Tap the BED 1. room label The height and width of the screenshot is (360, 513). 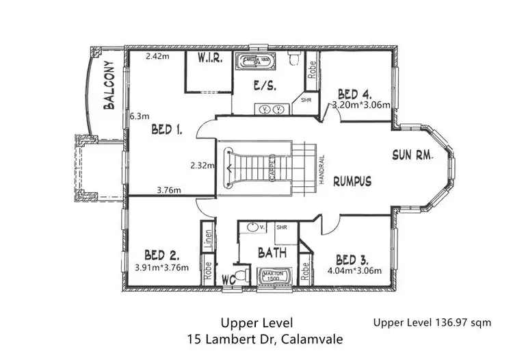click(166, 129)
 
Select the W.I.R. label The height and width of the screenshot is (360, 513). click(209, 58)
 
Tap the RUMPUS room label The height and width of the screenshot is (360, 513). click(353, 181)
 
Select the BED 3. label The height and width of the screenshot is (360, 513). click(353, 259)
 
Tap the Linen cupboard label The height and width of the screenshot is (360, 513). click(206, 239)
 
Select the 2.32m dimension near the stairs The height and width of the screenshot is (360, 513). click(202, 165)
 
